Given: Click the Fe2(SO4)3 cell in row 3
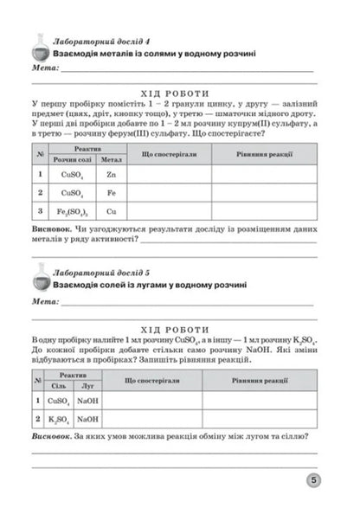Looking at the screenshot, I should [71, 210].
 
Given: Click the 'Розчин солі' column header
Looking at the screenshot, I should [71, 159].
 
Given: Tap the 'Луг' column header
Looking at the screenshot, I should [87, 386].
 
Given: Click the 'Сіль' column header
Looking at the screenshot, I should [59, 386].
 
